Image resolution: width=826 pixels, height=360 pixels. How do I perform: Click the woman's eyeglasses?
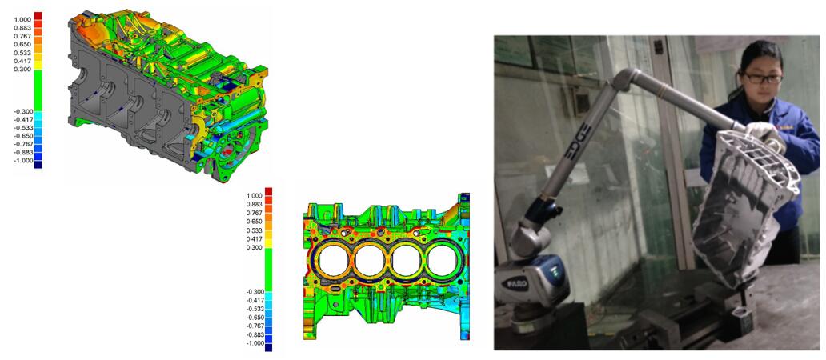762,78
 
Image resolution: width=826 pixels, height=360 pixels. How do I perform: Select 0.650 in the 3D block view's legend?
22,44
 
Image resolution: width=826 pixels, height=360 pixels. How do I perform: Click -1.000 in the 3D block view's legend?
22,161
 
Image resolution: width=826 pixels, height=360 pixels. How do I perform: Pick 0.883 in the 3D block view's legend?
22,27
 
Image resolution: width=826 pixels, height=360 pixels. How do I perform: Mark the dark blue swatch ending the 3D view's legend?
38,165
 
